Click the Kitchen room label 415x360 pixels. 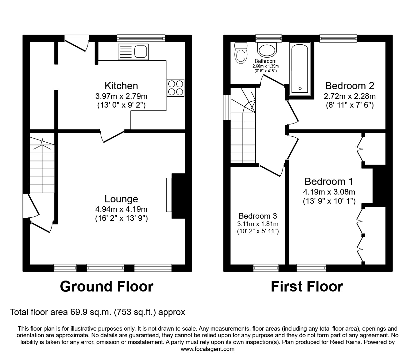tap(121, 85)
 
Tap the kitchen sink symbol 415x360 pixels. tap(133, 52)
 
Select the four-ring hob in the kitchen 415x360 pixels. tap(175, 88)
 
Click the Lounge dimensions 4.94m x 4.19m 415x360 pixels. tap(121, 209)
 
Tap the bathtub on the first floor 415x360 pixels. tap(300, 69)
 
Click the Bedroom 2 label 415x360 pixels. tap(349, 85)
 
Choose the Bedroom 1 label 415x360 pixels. tap(329, 181)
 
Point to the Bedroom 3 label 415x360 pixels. tap(257, 216)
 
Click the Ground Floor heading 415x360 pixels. tap(107, 286)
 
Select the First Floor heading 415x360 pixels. tap(307, 286)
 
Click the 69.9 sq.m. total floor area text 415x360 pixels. tap(97, 312)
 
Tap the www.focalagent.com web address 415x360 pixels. tap(207, 349)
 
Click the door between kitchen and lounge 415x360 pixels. tap(112, 136)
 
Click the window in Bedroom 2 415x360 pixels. tap(338, 38)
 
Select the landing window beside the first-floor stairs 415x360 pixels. tap(227, 107)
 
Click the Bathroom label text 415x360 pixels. tap(265, 61)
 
